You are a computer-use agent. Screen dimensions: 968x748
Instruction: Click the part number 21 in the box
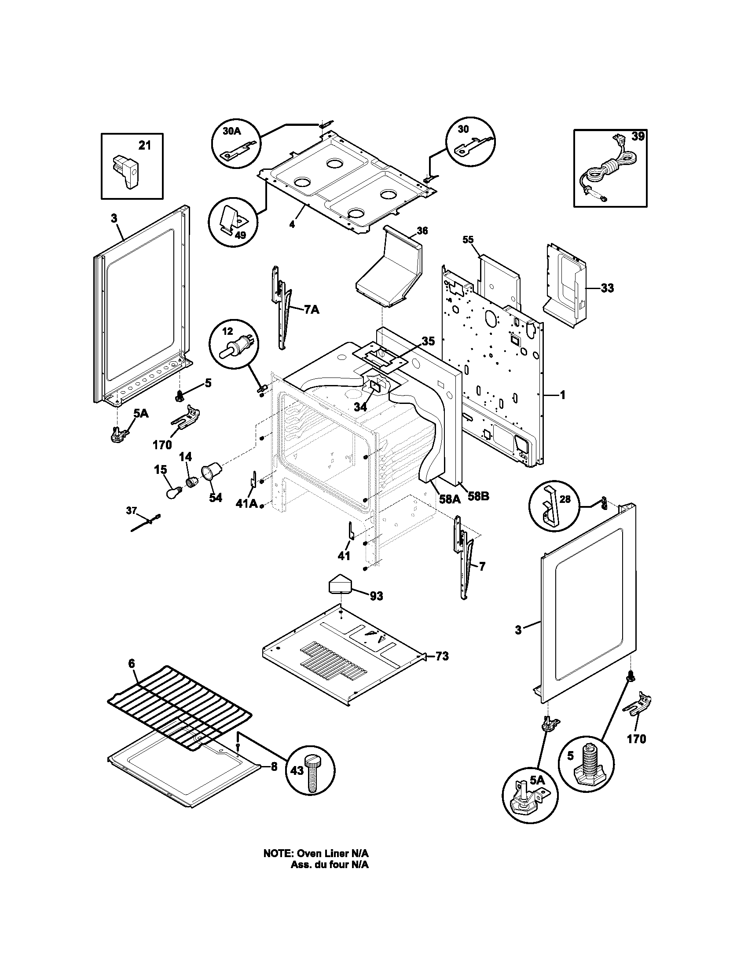[x=145, y=145]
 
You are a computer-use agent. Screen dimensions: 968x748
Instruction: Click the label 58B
[x=479, y=496]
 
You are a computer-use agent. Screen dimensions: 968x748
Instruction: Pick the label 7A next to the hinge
[x=311, y=310]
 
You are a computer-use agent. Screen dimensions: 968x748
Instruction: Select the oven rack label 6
[x=132, y=676]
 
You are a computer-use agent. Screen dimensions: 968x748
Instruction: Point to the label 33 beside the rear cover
[x=607, y=288]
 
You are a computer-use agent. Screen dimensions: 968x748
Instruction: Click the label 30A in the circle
[x=231, y=132]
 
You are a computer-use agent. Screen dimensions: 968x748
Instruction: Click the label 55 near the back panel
[x=469, y=240]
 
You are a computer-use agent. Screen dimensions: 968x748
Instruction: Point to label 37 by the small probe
[x=131, y=510]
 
